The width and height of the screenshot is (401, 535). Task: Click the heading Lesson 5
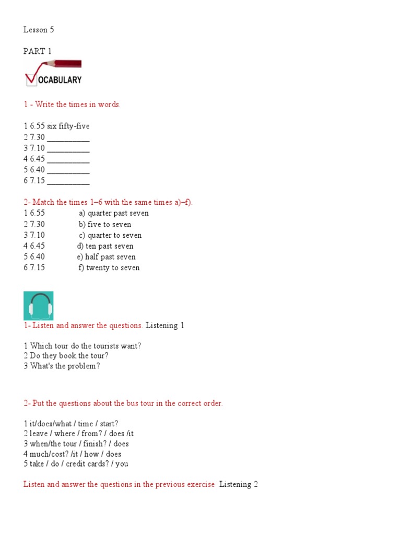tap(39, 30)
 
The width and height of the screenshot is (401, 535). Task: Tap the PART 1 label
tap(38, 51)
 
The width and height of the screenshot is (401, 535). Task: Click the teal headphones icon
tap(38, 306)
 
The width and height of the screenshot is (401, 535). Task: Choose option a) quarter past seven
tap(114, 213)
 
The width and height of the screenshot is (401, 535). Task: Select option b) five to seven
tap(105, 225)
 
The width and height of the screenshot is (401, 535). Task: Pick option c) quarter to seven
tap(110, 236)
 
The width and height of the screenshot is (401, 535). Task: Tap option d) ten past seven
tap(105, 246)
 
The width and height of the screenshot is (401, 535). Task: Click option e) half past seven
tap(106, 257)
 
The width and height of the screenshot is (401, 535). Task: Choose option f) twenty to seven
tap(109, 268)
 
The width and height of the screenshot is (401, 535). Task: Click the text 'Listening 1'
tap(164, 325)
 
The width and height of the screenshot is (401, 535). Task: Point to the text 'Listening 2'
tap(239, 484)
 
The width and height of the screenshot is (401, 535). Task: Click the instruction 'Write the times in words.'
tap(78, 104)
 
